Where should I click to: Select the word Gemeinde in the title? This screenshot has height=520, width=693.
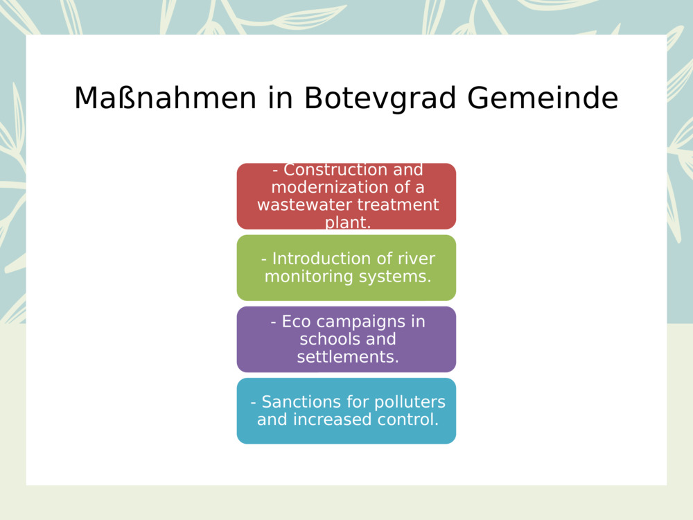coord(542,98)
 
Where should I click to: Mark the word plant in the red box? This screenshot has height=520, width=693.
coord(346,223)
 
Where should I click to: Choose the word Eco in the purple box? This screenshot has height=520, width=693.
coord(294,322)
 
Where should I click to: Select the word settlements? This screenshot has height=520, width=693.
coord(347,357)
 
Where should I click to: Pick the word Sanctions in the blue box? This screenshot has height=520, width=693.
coord(298,402)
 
